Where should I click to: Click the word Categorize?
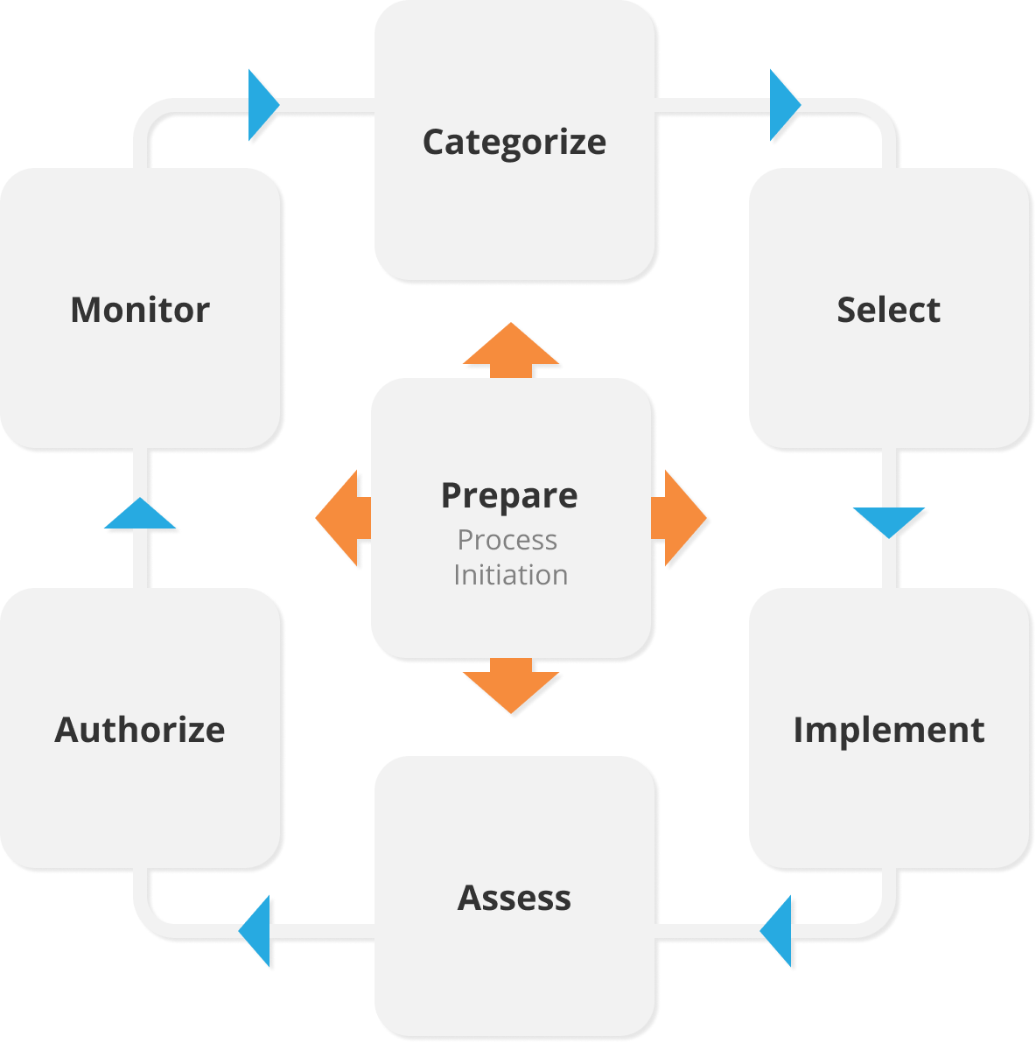pos(514,142)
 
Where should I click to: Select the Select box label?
pos(888,310)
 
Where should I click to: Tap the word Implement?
pos(888,730)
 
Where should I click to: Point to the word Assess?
pos(514,898)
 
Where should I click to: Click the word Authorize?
pos(140,730)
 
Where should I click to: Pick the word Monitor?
pos(140,310)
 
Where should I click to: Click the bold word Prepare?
pos(509,495)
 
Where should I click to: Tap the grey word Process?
pos(507,540)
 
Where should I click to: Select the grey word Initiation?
pos(510,575)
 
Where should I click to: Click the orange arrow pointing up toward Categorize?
pos(511,350)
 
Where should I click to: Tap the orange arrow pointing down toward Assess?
pos(511,686)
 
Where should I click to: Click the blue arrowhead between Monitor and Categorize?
pos(261,105)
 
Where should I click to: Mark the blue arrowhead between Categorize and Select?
pos(782,105)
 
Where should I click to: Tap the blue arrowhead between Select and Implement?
pos(889,520)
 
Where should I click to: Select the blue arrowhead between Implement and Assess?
pos(779,931)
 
